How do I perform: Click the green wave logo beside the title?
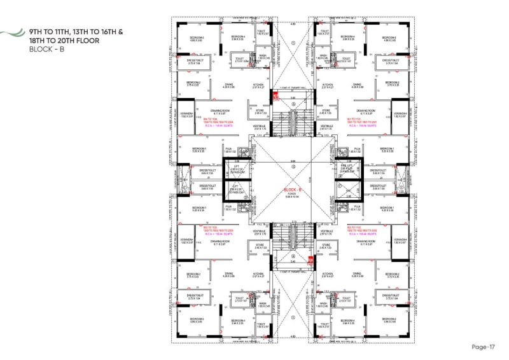click(x=10, y=35)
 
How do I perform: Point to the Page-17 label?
click(x=484, y=347)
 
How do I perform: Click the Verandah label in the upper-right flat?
click(x=400, y=114)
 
